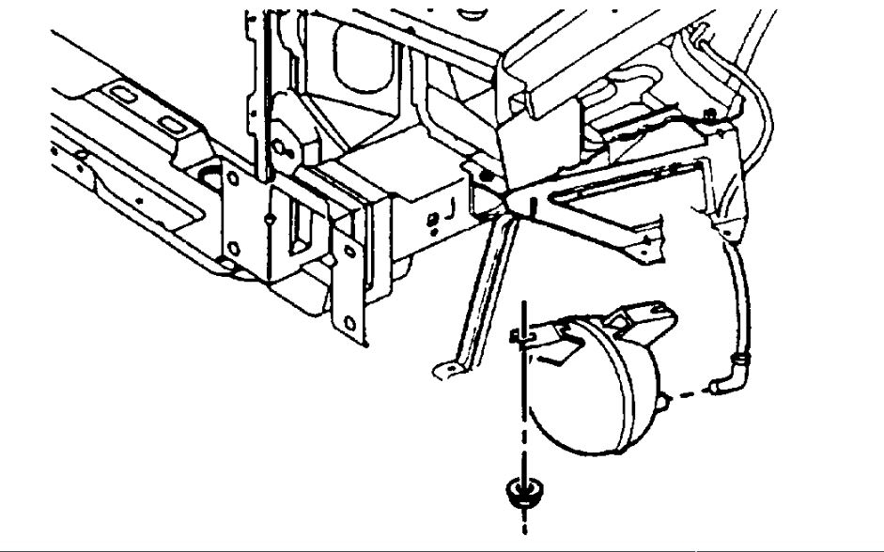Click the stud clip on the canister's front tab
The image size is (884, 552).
tap(522, 334)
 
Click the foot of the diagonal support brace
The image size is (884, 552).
tap(445, 369)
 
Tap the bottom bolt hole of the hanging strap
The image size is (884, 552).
tap(350, 323)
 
